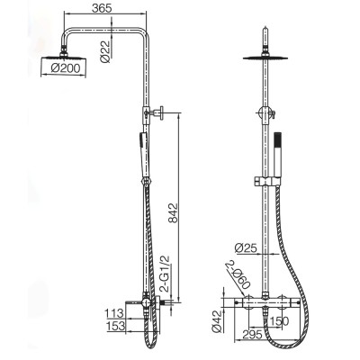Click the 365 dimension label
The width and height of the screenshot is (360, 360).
(x=102, y=8)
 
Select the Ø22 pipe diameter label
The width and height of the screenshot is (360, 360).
(x=105, y=51)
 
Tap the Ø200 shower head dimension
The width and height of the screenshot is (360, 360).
(x=66, y=68)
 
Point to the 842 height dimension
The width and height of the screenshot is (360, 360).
(x=173, y=213)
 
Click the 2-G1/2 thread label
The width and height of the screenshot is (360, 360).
(x=165, y=274)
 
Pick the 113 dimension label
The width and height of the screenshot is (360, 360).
(x=114, y=313)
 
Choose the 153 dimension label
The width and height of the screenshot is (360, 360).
(x=115, y=326)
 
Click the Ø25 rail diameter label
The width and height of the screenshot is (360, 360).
(x=246, y=248)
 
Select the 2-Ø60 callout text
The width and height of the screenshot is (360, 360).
(x=238, y=274)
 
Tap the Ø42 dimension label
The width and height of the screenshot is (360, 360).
(x=216, y=321)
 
